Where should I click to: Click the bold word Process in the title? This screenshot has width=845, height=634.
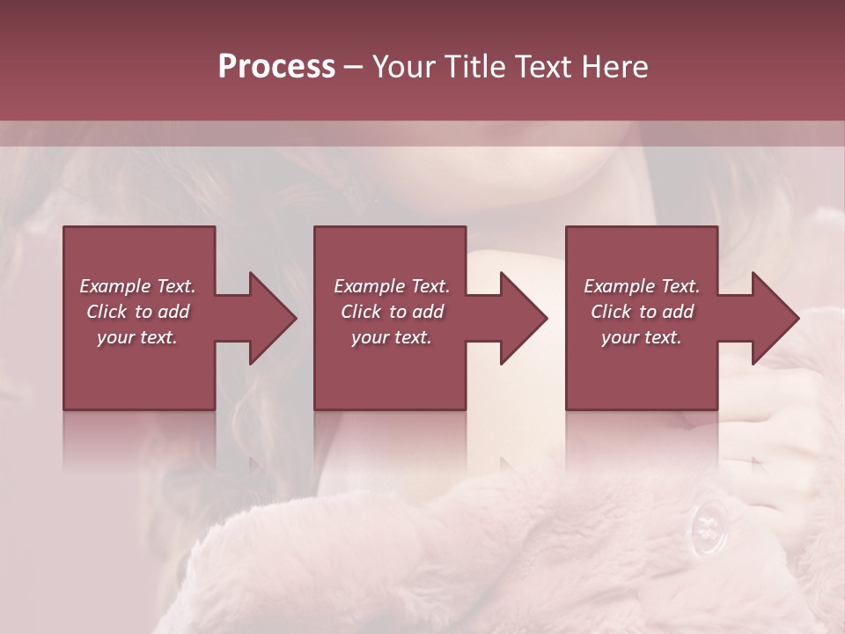pos(276,66)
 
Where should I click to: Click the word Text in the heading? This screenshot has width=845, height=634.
pos(542,66)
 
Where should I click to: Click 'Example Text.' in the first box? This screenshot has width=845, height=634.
pos(138,286)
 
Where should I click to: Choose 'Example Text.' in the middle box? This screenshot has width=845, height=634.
pos(392,286)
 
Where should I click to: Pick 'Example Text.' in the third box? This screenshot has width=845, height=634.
pos(642,286)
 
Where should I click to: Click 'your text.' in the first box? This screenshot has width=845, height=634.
pos(137,337)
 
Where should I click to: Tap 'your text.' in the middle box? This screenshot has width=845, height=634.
pos(391,337)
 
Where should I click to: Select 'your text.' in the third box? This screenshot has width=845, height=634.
pos(641,337)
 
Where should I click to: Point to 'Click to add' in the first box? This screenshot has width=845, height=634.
pos(138,312)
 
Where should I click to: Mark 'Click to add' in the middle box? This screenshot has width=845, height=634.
pos(392,312)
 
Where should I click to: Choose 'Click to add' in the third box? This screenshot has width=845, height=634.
pos(642,312)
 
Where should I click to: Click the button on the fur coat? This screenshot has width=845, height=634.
pos(708,527)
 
